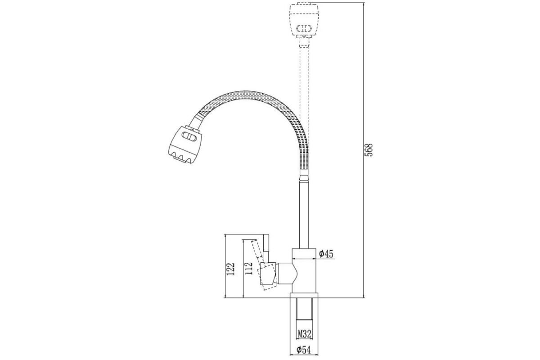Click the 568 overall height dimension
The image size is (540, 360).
click(369, 150)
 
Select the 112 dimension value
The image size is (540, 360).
click(248, 268)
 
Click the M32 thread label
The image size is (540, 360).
click(305, 334)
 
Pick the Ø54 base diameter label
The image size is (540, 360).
click(303, 350)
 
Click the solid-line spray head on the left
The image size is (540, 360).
click(184, 145)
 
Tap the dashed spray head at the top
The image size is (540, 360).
click(305, 20)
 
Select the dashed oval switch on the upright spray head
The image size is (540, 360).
click(304, 29)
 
